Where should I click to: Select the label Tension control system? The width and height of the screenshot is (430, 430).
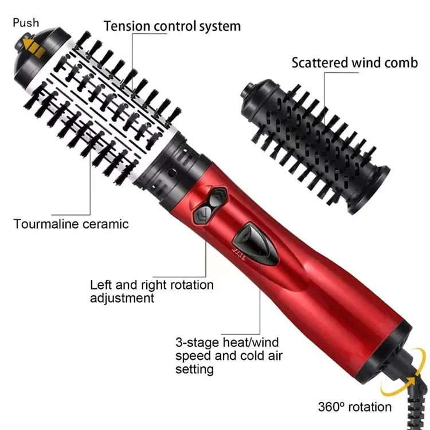pos(172,26)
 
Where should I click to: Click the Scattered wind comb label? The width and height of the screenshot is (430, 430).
pos(354,62)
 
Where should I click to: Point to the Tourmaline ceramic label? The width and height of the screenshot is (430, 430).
pos(72,223)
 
